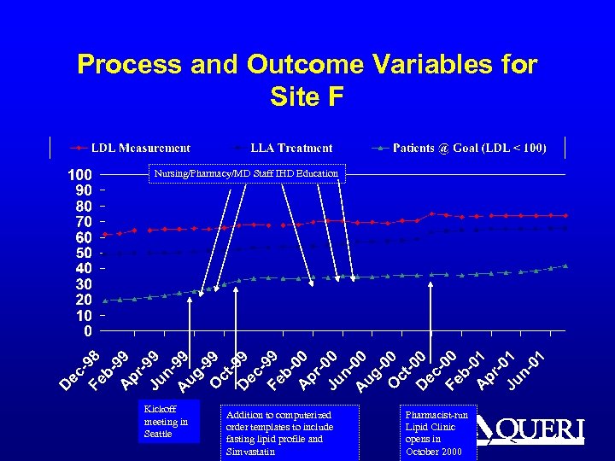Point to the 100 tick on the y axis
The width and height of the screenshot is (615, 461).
(80, 175)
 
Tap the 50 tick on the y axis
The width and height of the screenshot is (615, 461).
(84, 253)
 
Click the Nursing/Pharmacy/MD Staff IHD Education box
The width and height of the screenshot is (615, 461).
(246, 174)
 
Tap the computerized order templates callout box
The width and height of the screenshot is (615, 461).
(289, 433)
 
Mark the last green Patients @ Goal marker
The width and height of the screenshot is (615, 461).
(565, 266)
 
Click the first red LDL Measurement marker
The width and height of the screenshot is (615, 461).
(105, 234)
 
